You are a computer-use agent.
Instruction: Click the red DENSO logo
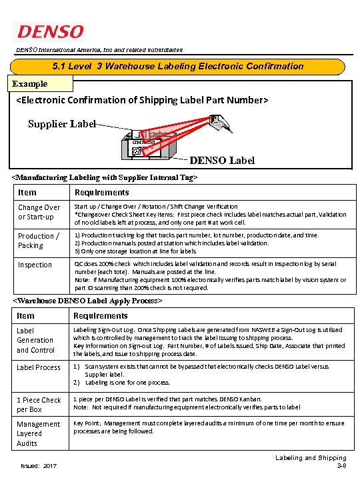click(51, 32)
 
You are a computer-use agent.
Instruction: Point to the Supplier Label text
click(61, 124)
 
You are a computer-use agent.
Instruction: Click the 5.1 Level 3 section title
click(178, 66)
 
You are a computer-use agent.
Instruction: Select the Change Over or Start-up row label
click(39, 212)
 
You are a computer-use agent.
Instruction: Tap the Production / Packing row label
click(38, 241)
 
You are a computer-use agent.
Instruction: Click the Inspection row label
click(35, 265)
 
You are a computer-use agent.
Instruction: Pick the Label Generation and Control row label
click(36, 340)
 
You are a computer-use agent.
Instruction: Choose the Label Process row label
click(39, 367)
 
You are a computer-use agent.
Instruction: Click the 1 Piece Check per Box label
click(39, 405)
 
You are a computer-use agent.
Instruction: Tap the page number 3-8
click(341, 466)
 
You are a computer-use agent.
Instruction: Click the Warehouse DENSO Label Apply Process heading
click(88, 301)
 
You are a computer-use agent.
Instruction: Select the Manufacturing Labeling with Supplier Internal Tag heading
click(105, 178)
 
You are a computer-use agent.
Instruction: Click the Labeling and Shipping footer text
click(311, 458)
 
